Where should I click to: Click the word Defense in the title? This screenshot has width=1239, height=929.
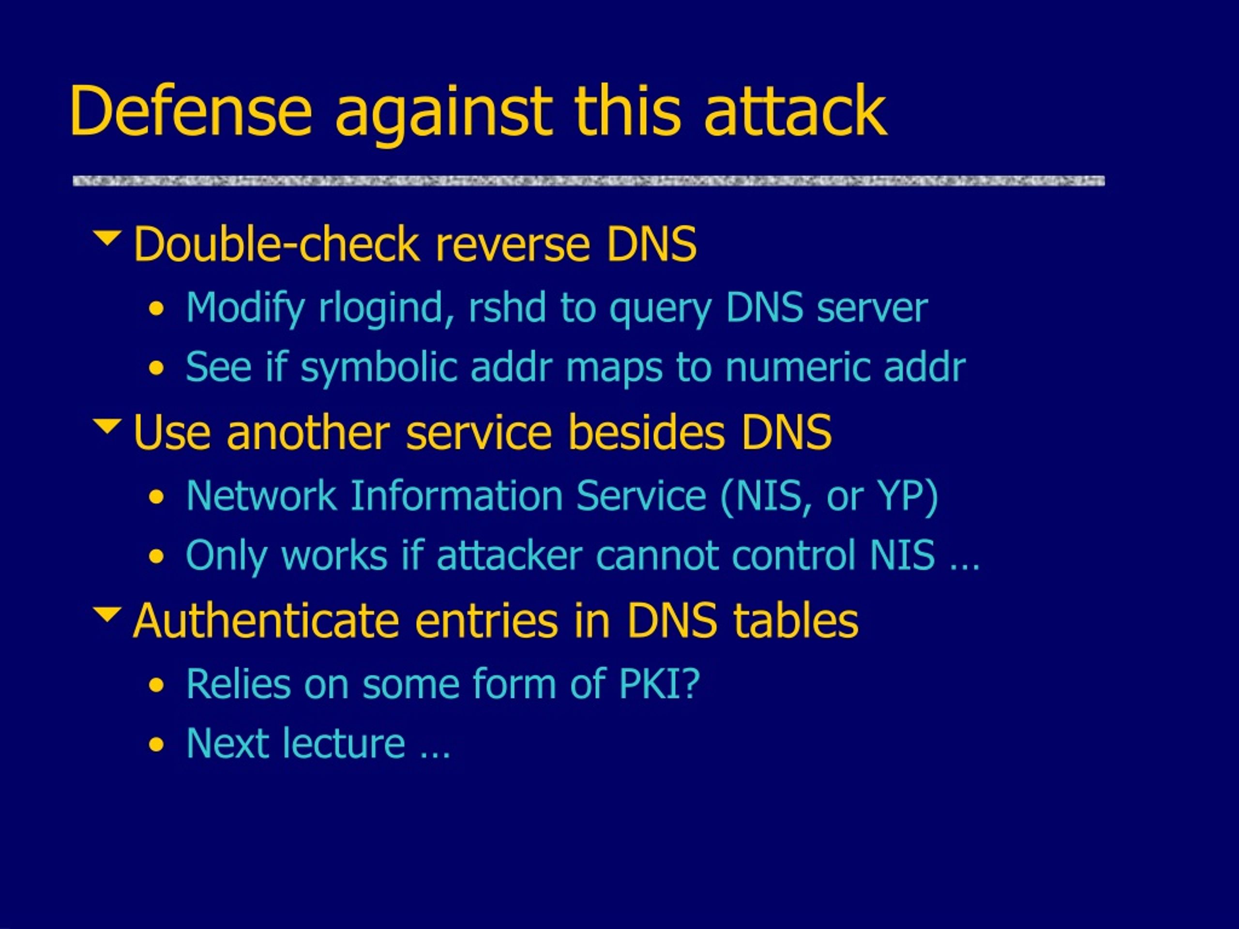(190, 110)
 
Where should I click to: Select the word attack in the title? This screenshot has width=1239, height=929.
(795, 110)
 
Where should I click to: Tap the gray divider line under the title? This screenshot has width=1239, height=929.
(589, 181)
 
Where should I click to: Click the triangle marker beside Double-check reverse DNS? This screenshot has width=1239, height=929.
(107, 238)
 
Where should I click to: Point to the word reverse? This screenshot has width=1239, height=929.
(513, 245)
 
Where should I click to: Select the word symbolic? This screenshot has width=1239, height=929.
(379, 368)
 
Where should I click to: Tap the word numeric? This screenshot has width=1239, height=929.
(798, 368)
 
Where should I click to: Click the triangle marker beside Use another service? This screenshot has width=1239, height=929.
(107, 426)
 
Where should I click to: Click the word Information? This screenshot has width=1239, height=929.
(456, 495)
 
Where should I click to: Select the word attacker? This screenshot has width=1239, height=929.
(510, 555)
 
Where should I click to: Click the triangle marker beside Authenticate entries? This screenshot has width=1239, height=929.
(107, 614)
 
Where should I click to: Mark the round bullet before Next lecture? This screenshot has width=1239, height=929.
(157, 745)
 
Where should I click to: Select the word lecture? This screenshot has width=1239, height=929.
(343, 744)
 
